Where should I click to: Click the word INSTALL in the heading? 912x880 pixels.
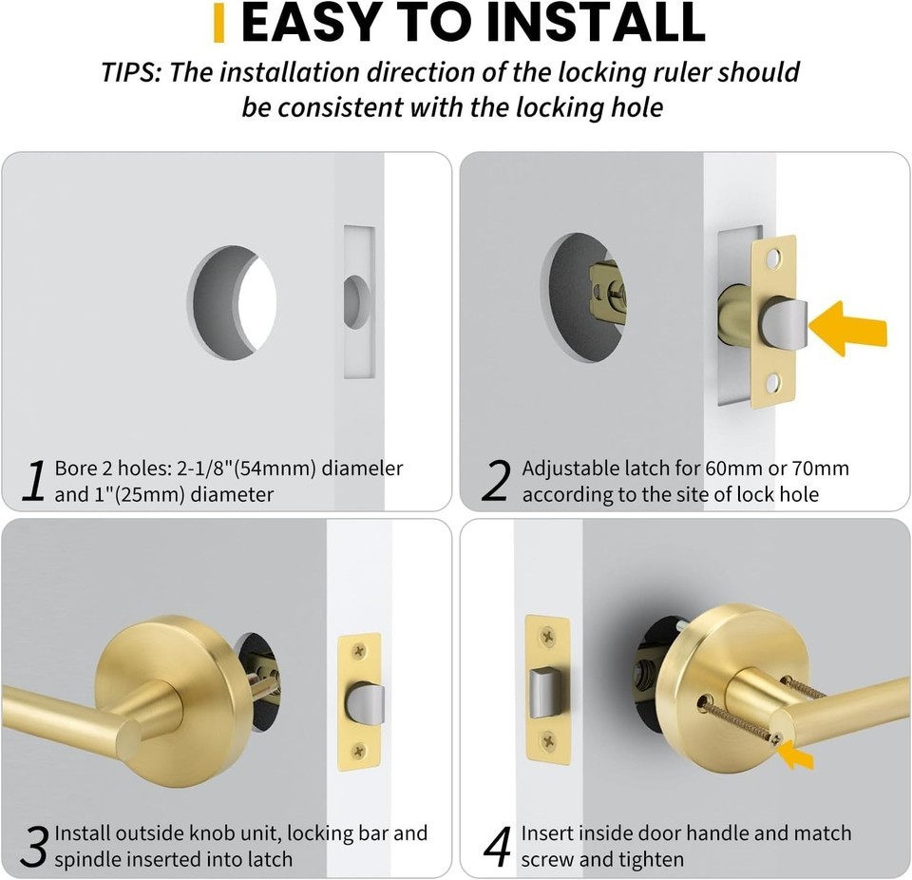596,22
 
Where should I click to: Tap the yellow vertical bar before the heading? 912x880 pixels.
218,23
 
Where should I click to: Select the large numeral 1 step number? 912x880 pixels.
34,480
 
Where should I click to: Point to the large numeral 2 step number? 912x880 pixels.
496,480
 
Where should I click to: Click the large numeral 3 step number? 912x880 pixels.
34,847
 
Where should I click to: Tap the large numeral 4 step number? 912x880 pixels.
498,847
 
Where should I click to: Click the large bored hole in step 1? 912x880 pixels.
232,302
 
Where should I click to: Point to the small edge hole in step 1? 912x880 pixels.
356,302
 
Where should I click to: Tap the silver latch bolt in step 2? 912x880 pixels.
783,324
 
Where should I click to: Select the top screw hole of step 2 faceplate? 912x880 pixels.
773,258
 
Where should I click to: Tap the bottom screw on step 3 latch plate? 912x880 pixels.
359,750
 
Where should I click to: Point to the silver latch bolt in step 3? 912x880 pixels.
365,702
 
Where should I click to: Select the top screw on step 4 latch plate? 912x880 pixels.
548,637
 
